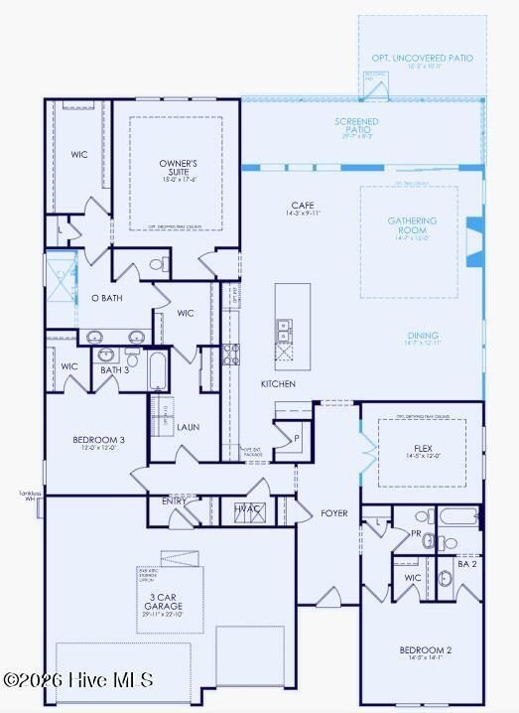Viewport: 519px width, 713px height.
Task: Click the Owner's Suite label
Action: [179, 168]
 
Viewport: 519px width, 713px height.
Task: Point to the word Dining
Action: [422, 336]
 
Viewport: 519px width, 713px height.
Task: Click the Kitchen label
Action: [279, 383]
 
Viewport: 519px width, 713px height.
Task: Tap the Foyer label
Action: [334, 513]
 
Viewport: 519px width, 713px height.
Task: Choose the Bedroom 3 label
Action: [98, 440]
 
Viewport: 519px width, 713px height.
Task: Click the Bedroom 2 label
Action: [425, 650]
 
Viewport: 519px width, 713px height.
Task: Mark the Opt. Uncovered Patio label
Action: [422, 59]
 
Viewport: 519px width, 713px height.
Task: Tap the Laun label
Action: [189, 427]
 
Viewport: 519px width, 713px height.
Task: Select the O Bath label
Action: [106, 298]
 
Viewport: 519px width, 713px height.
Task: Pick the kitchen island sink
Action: [284, 326]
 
